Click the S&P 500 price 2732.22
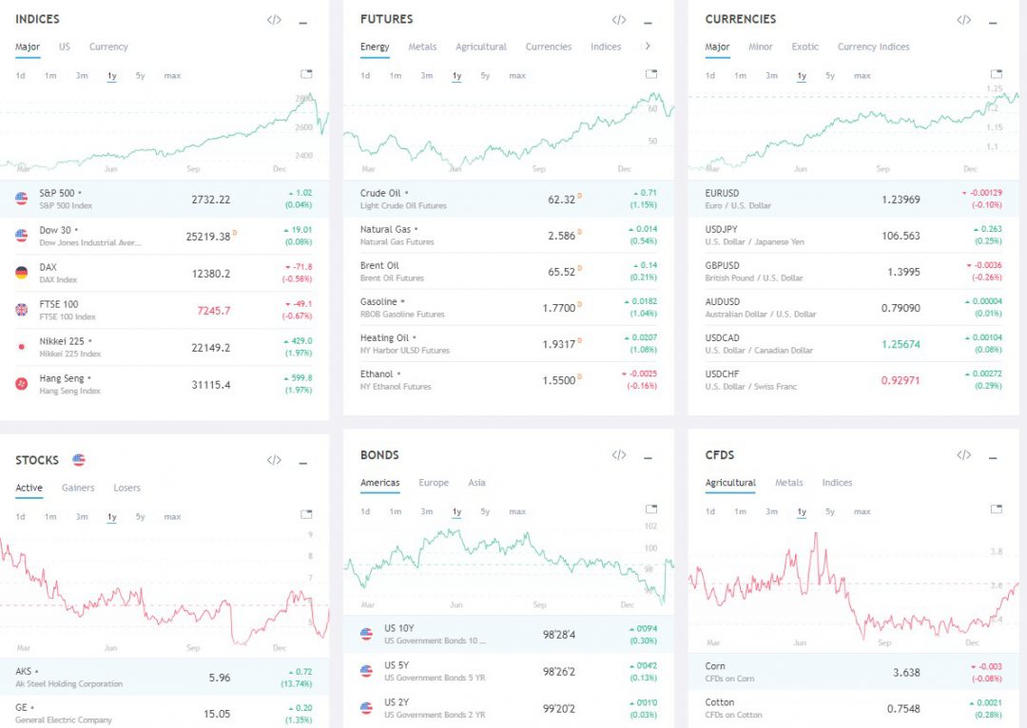click(210, 200)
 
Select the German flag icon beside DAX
click(22, 273)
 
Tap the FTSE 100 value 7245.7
click(213, 311)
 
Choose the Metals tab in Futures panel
click(422, 47)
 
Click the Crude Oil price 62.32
click(562, 200)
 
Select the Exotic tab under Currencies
click(804, 47)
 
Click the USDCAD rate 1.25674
click(900, 344)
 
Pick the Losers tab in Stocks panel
click(126, 488)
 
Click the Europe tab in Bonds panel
click(434, 483)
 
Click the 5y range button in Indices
click(140, 76)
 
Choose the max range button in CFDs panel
click(862, 511)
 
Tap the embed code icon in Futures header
click(619, 20)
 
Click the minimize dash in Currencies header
click(993, 22)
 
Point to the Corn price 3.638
click(906, 672)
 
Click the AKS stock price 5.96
click(219, 678)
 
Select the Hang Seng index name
click(63, 377)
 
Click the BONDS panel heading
click(379, 455)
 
